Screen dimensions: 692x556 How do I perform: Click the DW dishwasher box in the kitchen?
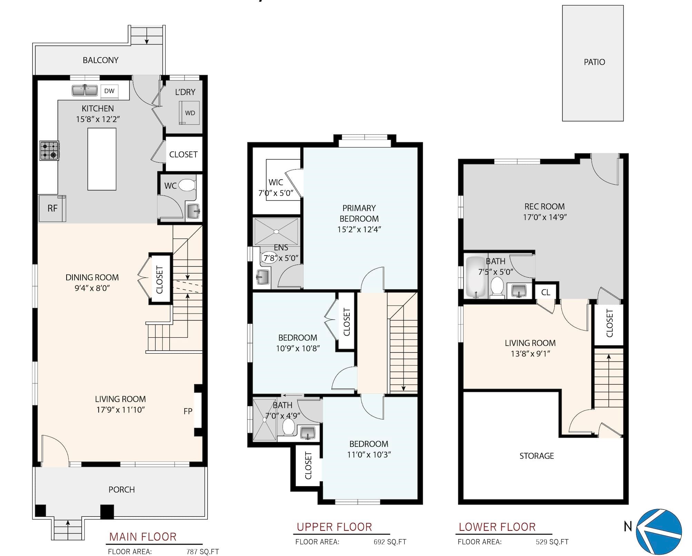coord(109,91)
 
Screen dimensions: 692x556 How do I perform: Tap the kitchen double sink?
coord(85,90)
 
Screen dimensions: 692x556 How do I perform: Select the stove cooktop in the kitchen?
coord(49,151)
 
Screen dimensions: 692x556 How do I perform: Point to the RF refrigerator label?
coord(52,208)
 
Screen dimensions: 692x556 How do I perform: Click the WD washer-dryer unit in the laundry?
coord(189,113)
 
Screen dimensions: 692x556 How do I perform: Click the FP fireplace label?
coord(188,411)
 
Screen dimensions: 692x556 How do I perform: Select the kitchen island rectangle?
coord(102,159)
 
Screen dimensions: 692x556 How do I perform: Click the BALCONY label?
coord(100,60)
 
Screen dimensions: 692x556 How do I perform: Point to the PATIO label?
coord(594,62)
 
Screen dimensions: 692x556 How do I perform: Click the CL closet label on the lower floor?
coord(546,293)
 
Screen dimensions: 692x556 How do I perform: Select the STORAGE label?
coord(537,456)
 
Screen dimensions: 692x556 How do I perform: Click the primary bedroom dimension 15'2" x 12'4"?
coord(359,229)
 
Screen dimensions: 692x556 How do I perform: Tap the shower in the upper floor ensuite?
coord(276,232)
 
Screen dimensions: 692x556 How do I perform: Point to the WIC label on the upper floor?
coord(276,182)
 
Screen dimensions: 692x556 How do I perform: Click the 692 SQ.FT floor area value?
coord(390,542)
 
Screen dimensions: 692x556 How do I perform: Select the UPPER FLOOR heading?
coord(334,527)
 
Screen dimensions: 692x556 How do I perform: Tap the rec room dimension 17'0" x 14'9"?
coord(545,217)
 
